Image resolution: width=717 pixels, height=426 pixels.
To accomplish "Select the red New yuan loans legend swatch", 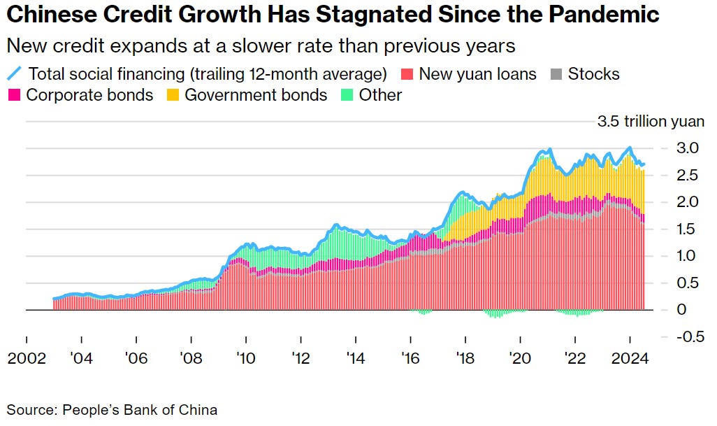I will pos(407,73).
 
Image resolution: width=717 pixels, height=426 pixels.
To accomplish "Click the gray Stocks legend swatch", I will pos(557,73).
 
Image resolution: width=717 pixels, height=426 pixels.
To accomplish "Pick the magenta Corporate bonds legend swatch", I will pos(14,94).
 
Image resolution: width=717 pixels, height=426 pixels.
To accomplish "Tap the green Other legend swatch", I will pos(347,94).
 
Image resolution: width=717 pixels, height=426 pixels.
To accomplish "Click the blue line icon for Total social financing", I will pos(14,73).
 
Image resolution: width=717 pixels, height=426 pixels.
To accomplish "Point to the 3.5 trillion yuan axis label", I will pos(651,122).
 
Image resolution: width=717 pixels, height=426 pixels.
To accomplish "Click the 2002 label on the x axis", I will pos(27,359).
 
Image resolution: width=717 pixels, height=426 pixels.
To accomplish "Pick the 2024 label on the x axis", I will pos(630,359).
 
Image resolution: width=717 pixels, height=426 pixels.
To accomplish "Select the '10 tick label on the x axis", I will pos(246,359).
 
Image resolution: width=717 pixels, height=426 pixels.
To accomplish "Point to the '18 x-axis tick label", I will pos(465,359).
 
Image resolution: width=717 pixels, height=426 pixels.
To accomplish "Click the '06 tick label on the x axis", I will pos(136,359).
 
